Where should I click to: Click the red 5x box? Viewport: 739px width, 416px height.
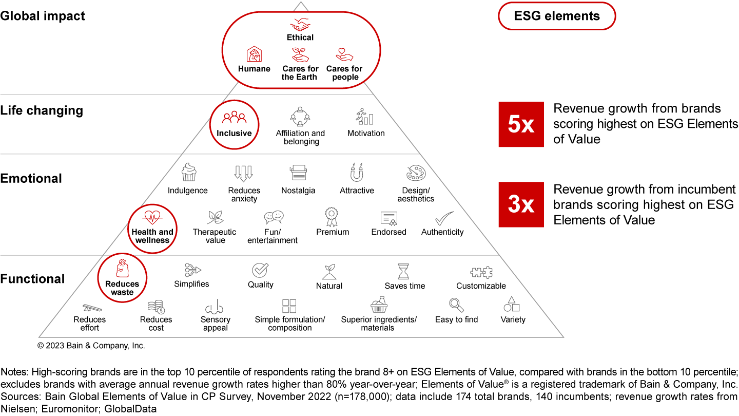pyautogui.click(x=521, y=124)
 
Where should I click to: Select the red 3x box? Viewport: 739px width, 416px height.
pyautogui.click(x=521, y=204)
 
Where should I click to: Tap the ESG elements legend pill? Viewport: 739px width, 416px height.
pyautogui.click(x=557, y=16)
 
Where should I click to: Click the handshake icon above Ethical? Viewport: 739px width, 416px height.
pyautogui.click(x=300, y=25)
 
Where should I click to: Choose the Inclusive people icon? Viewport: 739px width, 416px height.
pyautogui.click(x=234, y=118)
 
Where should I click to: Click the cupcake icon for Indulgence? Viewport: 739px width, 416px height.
pyautogui.click(x=189, y=172)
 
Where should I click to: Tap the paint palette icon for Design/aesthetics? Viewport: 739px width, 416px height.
pyautogui.click(x=415, y=173)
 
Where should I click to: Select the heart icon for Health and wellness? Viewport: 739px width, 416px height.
pyautogui.click(x=152, y=217)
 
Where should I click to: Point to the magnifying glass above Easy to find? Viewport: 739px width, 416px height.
pyautogui.click(x=456, y=305)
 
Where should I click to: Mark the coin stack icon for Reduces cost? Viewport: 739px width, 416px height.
pyautogui.click(x=155, y=307)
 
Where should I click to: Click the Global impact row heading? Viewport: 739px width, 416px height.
pyautogui.click(x=43, y=15)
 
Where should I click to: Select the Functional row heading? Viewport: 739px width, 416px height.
pyautogui.click(x=32, y=279)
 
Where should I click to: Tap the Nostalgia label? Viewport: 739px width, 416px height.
pyautogui.click(x=298, y=191)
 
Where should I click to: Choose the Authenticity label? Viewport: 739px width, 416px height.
pyautogui.click(x=442, y=232)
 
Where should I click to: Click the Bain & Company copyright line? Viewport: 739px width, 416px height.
pyautogui.click(x=91, y=346)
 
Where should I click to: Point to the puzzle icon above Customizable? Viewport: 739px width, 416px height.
pyautogui.click(x=481, y=272)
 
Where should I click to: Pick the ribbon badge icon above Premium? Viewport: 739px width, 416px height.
pyautogui.click(x=332, y=216)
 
